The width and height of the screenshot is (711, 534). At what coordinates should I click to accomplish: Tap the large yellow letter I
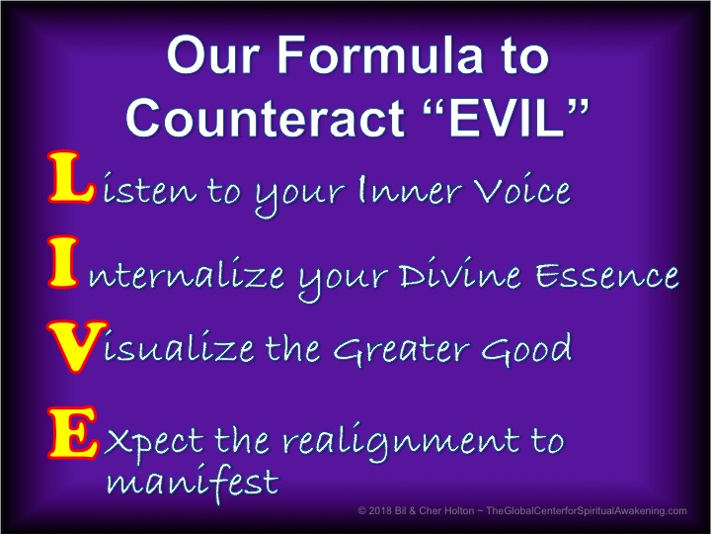[x=62, y=261]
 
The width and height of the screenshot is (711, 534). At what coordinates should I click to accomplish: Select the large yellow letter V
[x=77, y=346]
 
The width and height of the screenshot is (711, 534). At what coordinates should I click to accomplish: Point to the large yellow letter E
[x=72, y=432]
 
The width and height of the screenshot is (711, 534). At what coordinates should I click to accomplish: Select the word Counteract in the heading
[x=266, y=118]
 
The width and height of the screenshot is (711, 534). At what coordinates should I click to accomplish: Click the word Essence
[x=606, y=274]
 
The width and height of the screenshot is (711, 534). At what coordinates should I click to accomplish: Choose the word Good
[x=526, y=348]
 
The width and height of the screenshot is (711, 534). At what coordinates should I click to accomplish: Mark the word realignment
[x=401, y=442]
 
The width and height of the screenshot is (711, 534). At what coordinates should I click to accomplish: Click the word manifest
[x=193, y=483]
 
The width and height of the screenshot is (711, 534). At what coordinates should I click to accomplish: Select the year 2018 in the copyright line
[x=379, y=511]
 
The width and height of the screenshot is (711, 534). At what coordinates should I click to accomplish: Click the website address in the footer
[x=587, y=511]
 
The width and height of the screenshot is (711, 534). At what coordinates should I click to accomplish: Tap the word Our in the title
[x=213, y=55]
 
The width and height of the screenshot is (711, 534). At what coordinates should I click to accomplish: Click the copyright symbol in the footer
[x=362, y=511]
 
